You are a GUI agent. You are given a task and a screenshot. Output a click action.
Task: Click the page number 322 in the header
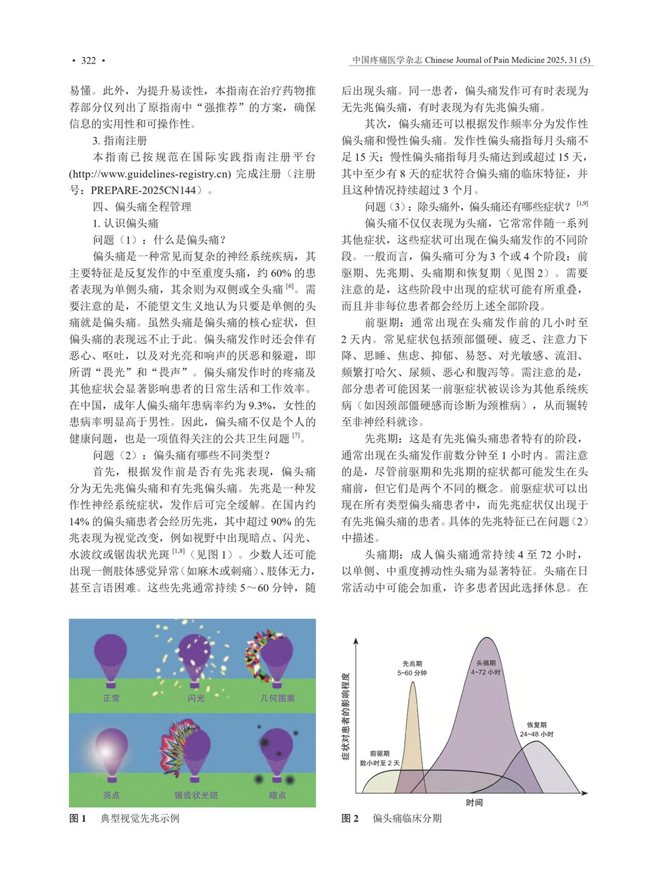click(x=88, y=61)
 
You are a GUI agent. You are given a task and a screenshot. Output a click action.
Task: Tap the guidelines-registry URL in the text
click(x=150, y=174)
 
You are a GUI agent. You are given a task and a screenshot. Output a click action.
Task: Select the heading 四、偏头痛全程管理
click(x=142, y=207)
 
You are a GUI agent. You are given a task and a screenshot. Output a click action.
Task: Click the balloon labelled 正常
click(x=111, y=657)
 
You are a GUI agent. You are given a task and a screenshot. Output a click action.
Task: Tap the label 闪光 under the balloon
click(x=196, y=698)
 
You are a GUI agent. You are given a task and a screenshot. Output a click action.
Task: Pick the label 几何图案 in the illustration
click(x=277, y=698)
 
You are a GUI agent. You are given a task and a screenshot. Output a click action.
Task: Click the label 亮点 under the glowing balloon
click(x=111, y=795)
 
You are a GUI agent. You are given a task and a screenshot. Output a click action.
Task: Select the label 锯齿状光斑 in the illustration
click(x=196, y=795)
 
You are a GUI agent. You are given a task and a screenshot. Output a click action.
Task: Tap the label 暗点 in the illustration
click(x=277, y=795)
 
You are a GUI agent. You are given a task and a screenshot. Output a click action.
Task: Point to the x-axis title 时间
click(x=474, y=802)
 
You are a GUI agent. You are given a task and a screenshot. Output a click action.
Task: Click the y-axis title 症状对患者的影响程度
click(x=345, y=717)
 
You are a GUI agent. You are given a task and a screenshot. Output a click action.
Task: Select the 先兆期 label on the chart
click(x=412, y=664)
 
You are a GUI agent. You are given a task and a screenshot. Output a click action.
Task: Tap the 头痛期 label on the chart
click(x=486, y=663)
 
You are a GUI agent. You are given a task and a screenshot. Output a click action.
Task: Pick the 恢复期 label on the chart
click(x=536, y=725)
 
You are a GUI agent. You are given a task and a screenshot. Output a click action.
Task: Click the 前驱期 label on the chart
click(x=379, y=754)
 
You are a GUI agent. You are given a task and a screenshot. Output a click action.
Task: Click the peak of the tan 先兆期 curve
click(x=413, y=683)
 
